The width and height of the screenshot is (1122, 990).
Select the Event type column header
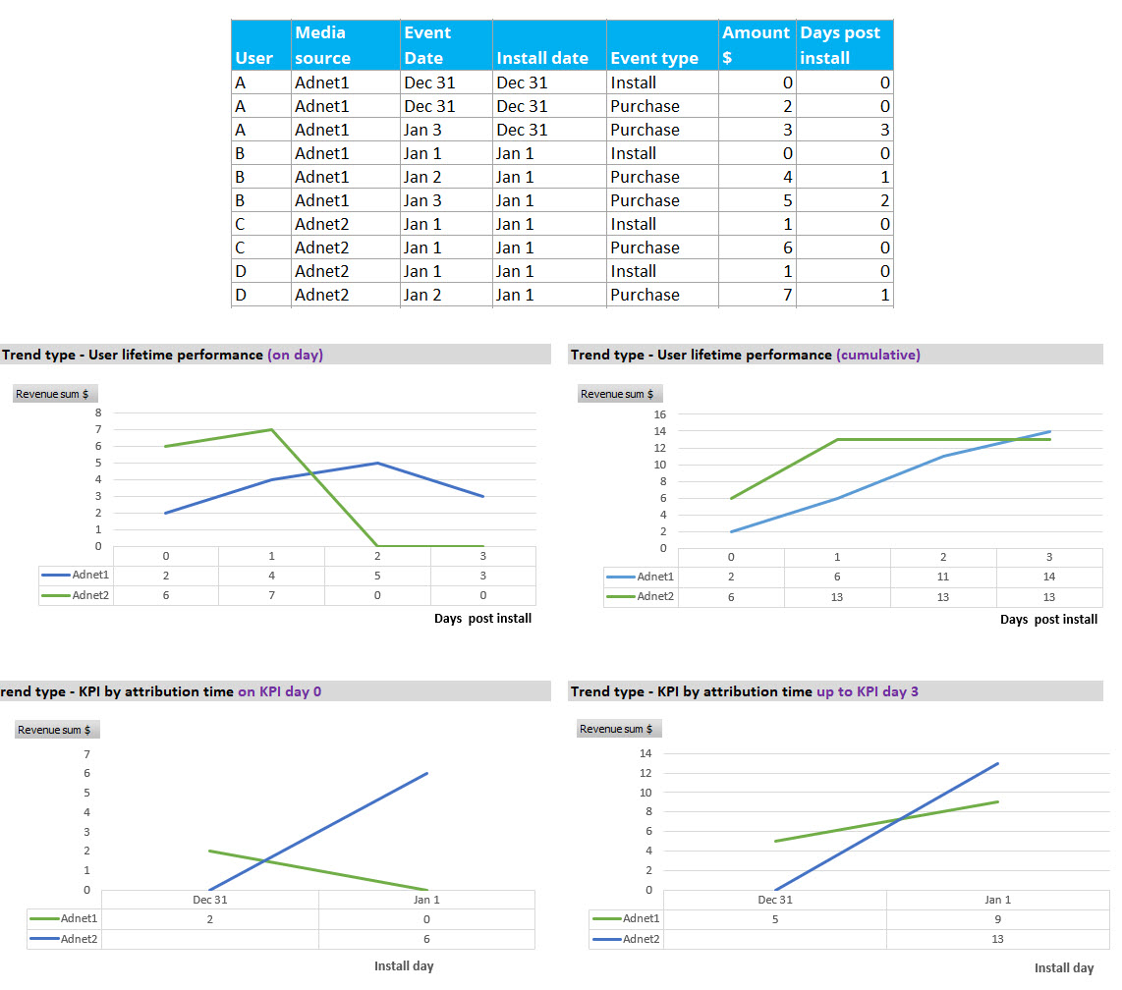click(653, 58)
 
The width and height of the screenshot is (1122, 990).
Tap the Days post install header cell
click(840, 45)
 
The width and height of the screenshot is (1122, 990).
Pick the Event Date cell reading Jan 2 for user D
click(422, 295)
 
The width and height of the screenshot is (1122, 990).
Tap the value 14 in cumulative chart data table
click(1049, 577)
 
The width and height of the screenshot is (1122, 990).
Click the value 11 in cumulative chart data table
click(943, 577)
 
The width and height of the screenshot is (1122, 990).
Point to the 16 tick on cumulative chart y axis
click(660, 414)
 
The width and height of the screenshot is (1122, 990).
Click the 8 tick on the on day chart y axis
click(98, 413)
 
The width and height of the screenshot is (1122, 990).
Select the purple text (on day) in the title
click(295, 355)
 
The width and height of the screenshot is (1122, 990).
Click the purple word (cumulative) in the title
click(878, 355)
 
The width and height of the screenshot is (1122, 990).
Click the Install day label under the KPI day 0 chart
click(404, 966)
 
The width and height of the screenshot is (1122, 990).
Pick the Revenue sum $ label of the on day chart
click(54, 394)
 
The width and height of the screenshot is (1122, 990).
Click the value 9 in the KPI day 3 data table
click(997, 918)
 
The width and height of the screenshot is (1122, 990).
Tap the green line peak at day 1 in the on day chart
click(271, 429)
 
